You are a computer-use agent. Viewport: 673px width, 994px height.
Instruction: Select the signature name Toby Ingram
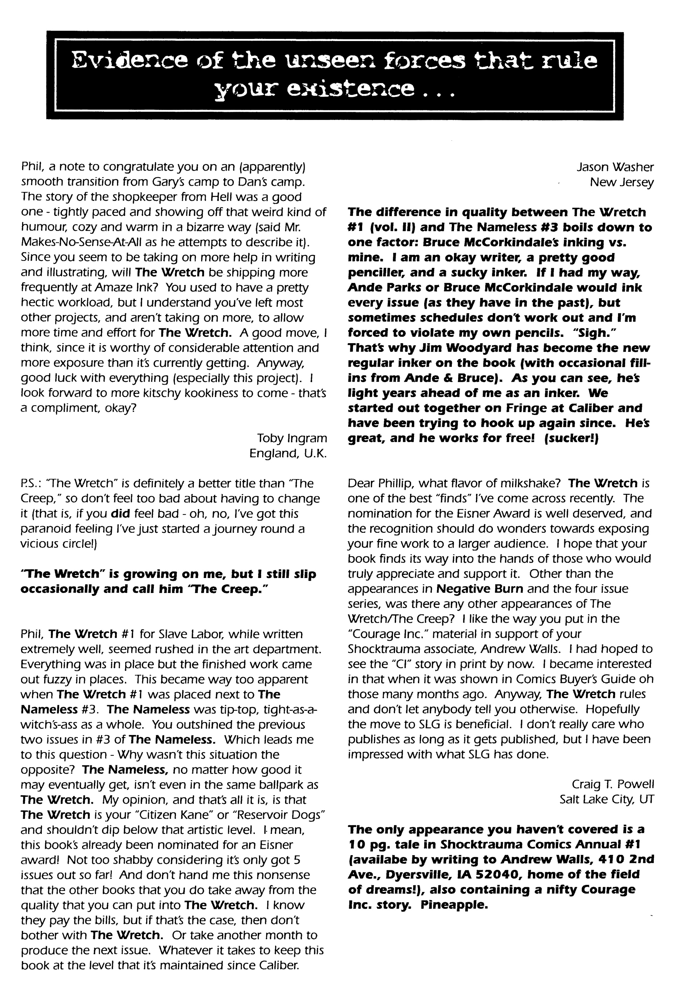tap(292, 438)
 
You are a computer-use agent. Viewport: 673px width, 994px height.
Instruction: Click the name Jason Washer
tap(615, 167)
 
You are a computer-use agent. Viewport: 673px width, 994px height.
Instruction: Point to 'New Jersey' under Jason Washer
tap(621, 182)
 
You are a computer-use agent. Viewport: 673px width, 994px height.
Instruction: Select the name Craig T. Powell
tap(613, 784)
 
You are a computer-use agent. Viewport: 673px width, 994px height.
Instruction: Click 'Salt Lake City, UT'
tap(606, 799)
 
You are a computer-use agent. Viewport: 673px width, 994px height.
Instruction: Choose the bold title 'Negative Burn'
tap(479, 588)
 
